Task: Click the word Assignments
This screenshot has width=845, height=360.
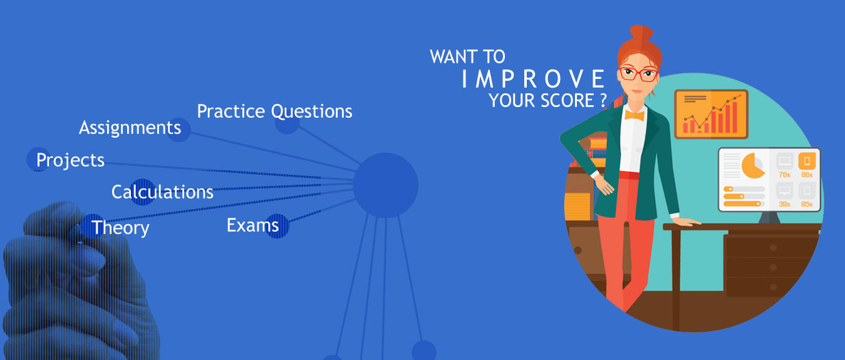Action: [130, 128]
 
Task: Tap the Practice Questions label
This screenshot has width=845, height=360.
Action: [274, 111]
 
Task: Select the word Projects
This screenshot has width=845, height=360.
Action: [70, 160]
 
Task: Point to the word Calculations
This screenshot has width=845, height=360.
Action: [162, 192]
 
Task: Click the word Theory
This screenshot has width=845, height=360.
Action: [120, 228]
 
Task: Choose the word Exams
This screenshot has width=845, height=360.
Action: [252, 225]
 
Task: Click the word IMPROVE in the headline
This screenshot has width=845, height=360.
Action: [533, 79]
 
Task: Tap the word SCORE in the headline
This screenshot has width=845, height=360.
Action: [568, 101]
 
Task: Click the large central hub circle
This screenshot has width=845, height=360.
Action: [385, 185]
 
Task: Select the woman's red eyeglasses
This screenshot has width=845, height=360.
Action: [639, 73]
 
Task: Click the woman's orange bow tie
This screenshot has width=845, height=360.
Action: [635, 115]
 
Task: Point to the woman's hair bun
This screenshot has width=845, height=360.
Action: [641, 34]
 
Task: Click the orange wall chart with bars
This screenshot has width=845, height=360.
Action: [711, 114]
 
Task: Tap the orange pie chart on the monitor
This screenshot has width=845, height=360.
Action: [752, 166]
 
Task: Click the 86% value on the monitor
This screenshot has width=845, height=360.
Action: [807, 175]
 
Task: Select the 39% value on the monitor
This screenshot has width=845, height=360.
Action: [785, 204]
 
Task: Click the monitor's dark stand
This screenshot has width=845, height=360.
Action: [770, 217]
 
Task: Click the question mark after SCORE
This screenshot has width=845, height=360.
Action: [603, 101]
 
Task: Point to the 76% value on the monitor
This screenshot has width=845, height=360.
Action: [785, 175]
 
